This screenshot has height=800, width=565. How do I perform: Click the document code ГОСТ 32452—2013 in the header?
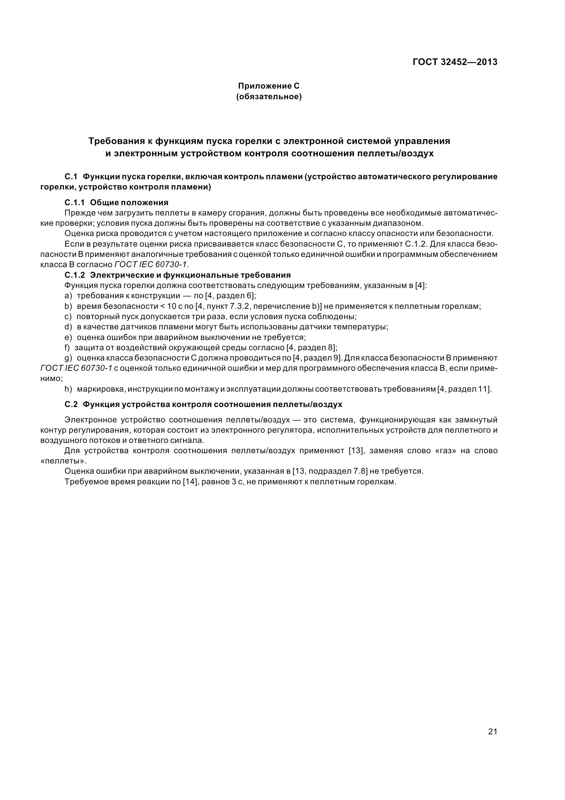455,62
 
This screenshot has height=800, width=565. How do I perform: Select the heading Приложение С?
268,86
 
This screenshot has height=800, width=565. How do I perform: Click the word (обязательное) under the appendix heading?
269,97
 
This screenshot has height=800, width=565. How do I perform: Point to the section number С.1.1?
75,202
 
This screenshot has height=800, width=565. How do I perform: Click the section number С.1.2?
75,275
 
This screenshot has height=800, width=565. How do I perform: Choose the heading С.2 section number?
71,404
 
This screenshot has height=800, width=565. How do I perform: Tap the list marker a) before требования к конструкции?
68,296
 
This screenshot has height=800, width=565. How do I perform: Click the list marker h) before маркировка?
69,389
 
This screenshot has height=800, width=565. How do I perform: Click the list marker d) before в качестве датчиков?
68,327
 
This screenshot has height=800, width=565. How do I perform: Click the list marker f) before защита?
68,347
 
